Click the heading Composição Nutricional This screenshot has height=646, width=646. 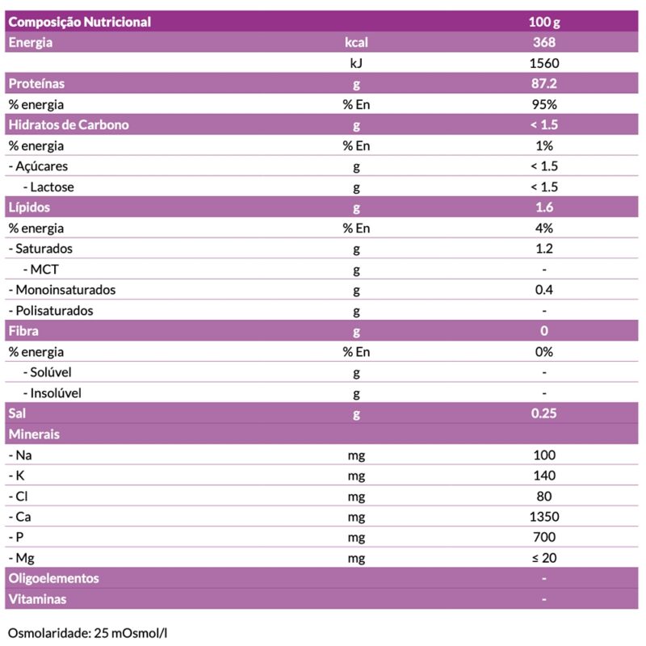point(79,22)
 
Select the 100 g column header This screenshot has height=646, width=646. point(544,22)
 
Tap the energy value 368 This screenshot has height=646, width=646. point(544,42)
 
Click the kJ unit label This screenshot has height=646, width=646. point(355,63)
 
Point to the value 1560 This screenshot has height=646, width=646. point(544,63)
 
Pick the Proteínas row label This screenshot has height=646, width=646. point(36,83)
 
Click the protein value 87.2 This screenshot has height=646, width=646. point(544,83)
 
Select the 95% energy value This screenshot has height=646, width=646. point(544,104)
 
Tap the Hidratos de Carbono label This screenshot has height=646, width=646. point(69,125)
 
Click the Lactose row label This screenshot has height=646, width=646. point(52,187)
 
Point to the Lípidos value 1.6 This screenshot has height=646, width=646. point(544,208)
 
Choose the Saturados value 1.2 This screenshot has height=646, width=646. point(544,249)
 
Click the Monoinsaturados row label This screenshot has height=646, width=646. point(62,290)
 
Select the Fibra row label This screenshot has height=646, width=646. point(23,331)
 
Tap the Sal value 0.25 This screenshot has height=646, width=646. point(544,413)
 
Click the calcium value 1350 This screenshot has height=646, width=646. point(544,517)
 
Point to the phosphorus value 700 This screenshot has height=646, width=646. point(544,537)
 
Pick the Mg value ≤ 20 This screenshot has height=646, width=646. point(544,558)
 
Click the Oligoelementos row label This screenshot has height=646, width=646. point(53,579)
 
